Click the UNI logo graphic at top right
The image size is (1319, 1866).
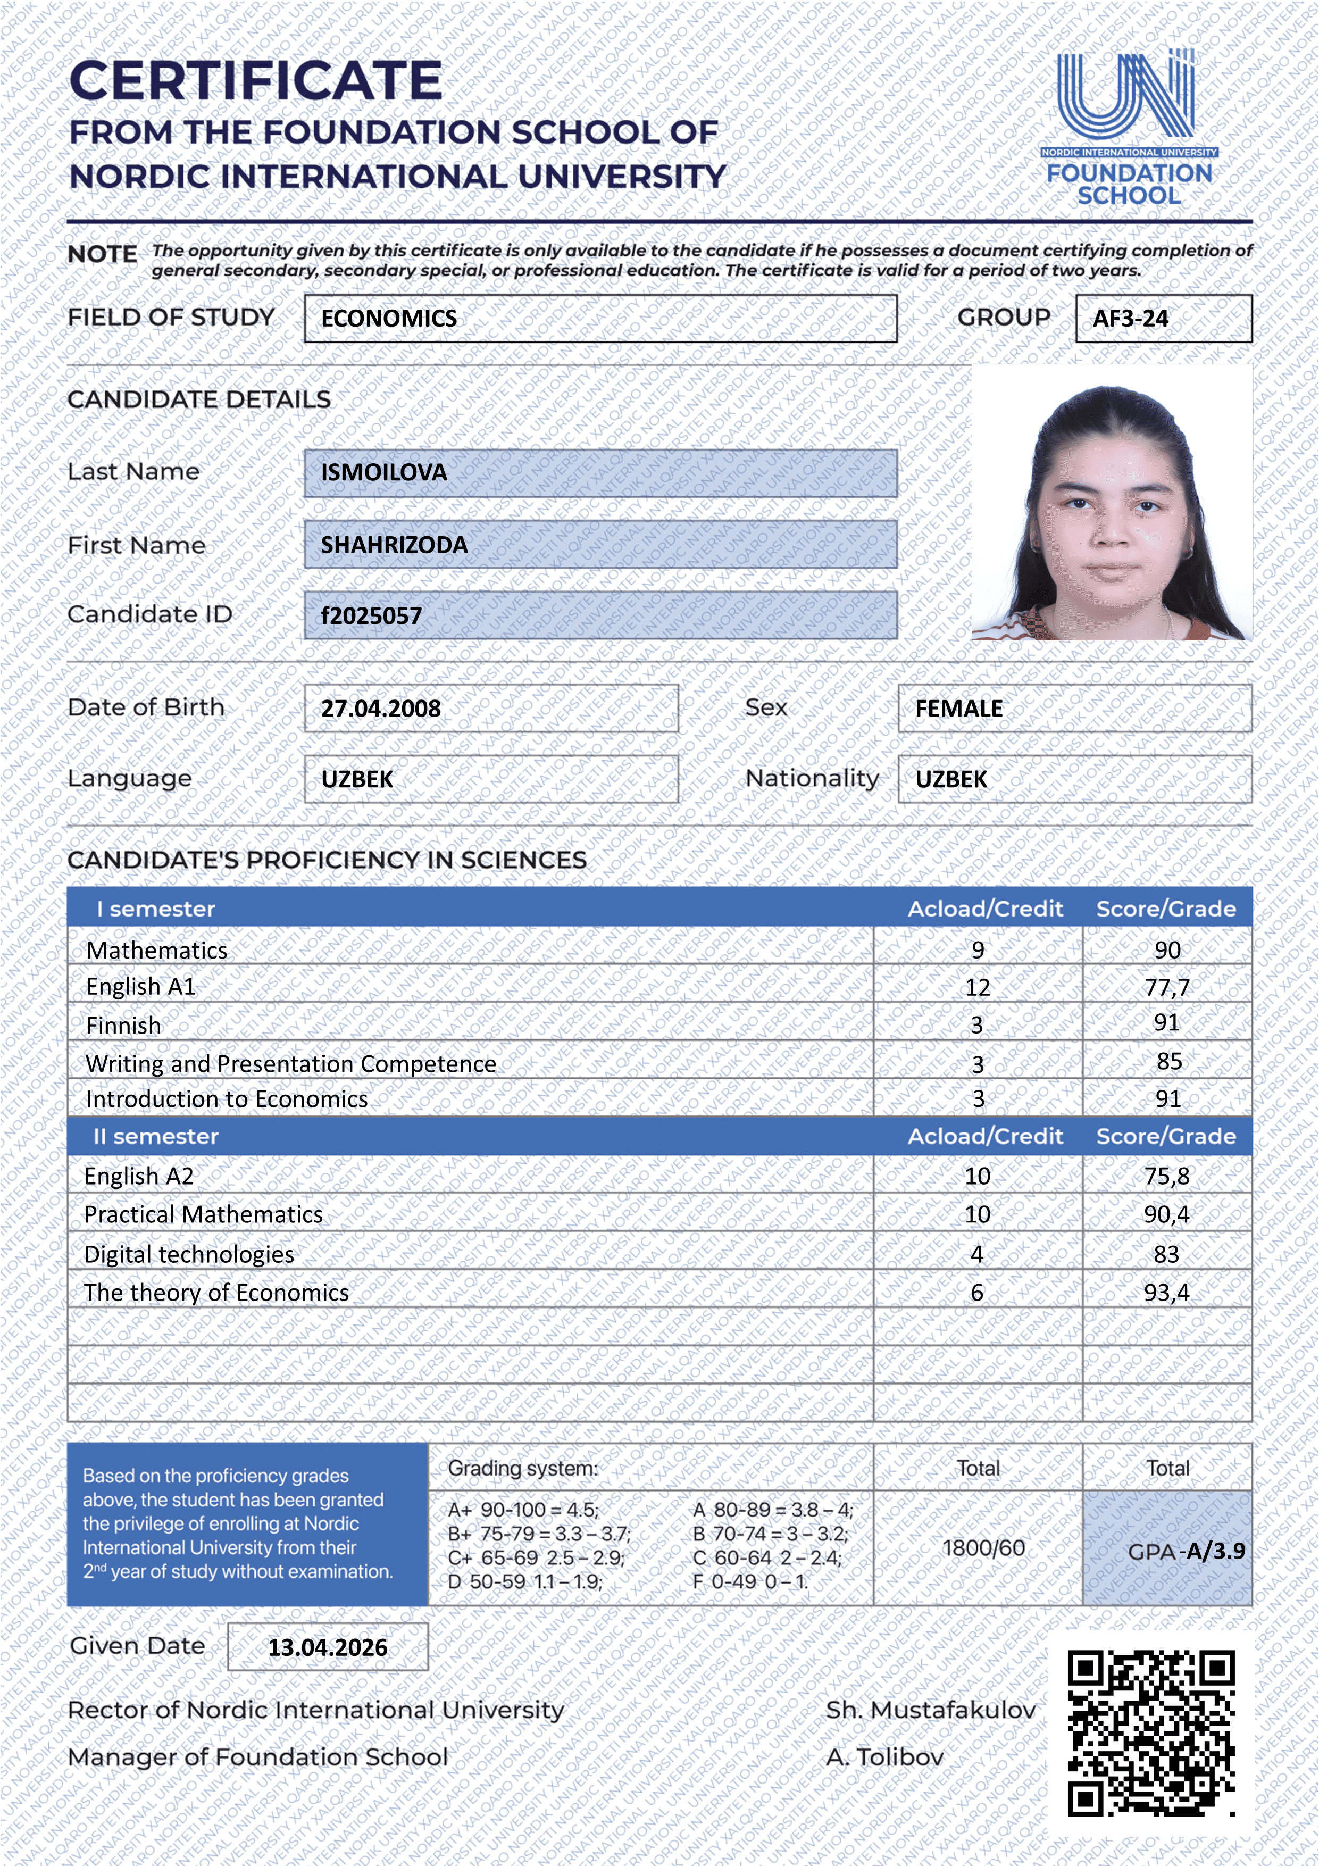1126,95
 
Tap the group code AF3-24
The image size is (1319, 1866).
1130,319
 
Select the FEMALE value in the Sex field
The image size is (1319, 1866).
958,709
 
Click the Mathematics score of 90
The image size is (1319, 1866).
1167,949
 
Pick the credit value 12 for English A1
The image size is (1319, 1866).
977,987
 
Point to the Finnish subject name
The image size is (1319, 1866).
123,1026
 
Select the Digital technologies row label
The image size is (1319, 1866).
189,1254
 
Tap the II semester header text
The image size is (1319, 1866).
156,1136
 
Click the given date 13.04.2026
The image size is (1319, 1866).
328,1647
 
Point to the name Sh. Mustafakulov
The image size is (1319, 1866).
931,1710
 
